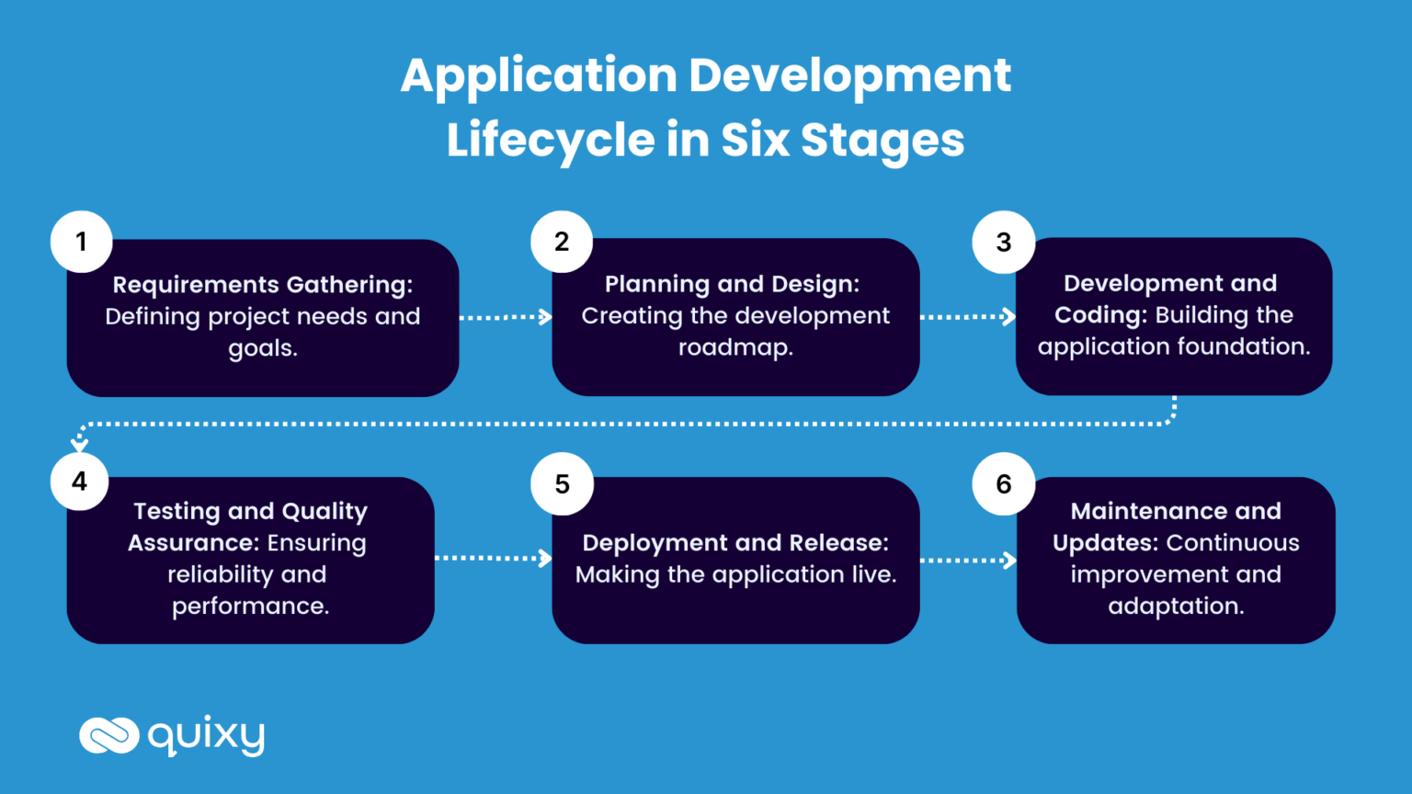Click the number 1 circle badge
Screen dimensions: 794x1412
(x=81, y=242)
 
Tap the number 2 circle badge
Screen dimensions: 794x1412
(x=562, y=242)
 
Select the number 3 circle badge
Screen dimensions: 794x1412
(x=1004, y=243)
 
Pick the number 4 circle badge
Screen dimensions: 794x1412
(x=80, y=482)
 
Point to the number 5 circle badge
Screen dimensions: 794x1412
(x=562, y=483)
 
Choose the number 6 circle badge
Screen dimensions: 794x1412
(x=1004, y=483)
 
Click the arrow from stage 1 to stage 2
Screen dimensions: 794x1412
(x=505, y=317)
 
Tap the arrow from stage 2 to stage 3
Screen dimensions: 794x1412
(x=967, y=317)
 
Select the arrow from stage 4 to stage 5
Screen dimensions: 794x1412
(x=493, y=558)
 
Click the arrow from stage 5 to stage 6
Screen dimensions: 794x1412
(x=968, y=560)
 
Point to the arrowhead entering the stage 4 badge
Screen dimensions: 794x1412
(x=80, y=445)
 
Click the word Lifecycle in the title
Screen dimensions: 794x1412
(x=550, y=141)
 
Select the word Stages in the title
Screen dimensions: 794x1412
(x=882, y=141)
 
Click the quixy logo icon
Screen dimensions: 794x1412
(x=108, y=735)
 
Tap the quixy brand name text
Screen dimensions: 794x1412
(x=206, y=735)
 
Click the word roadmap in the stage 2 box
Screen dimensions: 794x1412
(x=735, y=347)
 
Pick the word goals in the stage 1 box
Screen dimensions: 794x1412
(x=263, y=349)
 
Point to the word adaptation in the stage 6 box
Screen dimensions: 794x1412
(x=1176, y=607)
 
